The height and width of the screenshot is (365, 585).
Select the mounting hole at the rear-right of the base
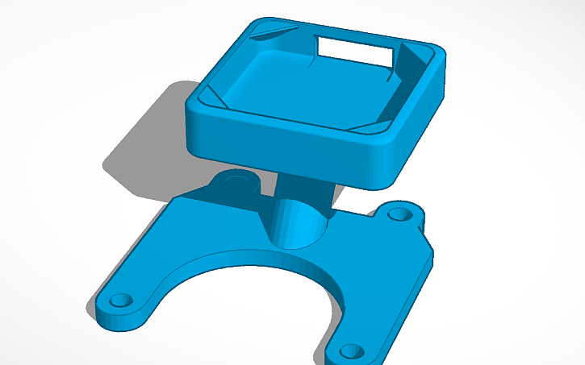[x=398, y=214]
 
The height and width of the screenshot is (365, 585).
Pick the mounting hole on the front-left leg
[x=121, y=300]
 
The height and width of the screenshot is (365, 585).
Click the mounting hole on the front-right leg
[x=351, y=350]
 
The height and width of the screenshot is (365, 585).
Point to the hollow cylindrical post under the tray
[x=299, y=222]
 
